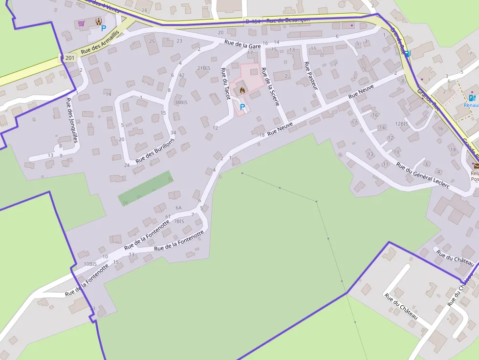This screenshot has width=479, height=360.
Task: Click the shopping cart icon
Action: [x=81, y=23]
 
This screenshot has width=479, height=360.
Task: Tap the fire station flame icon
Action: [x=241, y=90]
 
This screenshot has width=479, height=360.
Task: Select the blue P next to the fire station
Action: [x=242, y=106]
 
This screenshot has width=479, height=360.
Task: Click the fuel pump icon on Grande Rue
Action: [x=408, y=53]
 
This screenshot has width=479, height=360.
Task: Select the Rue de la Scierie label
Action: [x=270, y=86]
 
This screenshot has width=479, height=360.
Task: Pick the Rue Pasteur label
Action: [x=311, y=75]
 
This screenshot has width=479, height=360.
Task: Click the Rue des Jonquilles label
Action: [x=72, y=119]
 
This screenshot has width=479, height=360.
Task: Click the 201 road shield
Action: [x=69, y=58]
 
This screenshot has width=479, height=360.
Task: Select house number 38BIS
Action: [x=181, y=103]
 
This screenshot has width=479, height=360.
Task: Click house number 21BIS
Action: [x=204, y=68]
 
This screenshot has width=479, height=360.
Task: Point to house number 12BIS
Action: [x=401, y=124]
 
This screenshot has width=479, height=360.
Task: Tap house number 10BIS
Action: [x=90, y=264]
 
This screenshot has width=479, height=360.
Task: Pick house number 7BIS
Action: [x=179, y=221]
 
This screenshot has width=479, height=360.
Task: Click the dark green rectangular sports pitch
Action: [x=145, y=188]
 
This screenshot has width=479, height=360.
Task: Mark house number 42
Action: [x=181, y=75]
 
